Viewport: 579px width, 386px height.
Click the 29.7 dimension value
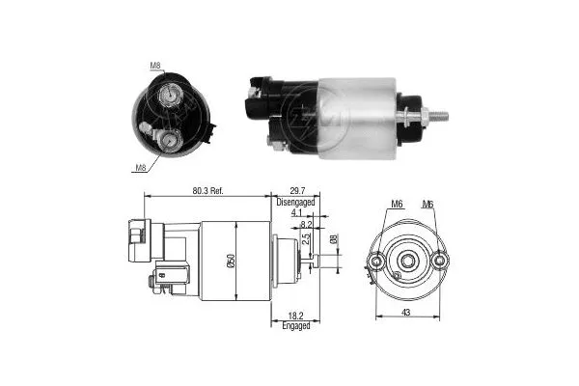(296, 192)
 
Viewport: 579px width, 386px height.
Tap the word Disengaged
(296, 203)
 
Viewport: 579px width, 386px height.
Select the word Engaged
(297, 326)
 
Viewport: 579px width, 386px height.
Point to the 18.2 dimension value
(297, 316)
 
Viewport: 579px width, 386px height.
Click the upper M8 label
(155, 67)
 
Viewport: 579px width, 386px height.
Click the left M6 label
(396, 205)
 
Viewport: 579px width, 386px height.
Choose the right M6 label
(428, 205)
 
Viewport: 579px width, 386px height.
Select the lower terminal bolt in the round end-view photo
(171, 143)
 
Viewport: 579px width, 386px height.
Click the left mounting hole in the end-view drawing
(376, 261)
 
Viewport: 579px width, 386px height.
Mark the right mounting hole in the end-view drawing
(439, 261)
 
